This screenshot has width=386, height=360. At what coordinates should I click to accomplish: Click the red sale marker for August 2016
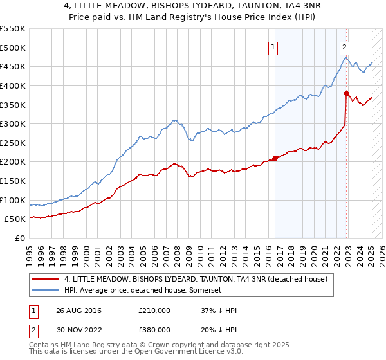pos(275,157)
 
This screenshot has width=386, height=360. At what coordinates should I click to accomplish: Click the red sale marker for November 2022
pos(346,93)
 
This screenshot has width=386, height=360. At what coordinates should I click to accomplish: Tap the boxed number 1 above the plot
pos(273,46)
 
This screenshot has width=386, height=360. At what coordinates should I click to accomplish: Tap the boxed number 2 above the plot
pos(345,46)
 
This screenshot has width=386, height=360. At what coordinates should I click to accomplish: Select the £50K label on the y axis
pos(15,219)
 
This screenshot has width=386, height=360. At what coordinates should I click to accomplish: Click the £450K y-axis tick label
pos(13,66)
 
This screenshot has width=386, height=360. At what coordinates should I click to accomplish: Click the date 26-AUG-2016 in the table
pos(79,310)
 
